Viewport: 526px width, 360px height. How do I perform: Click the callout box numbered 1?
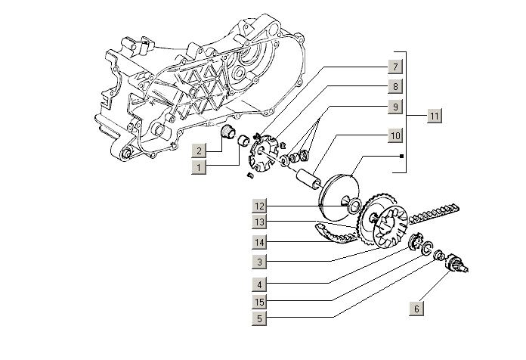tap(198, 166)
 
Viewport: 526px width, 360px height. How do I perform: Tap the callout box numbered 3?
tap(259, 262)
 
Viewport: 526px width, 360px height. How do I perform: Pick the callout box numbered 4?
tap(259, 284)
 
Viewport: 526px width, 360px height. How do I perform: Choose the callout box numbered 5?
tap(259, 318)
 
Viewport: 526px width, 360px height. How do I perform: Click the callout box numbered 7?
tap(394, 65)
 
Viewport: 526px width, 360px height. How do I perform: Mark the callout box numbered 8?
tap(394, 85)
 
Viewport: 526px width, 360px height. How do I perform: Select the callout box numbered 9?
tap(394, 107)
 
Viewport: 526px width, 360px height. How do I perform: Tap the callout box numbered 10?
tap(394, 135)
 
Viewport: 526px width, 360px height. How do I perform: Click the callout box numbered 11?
tap(434, 116)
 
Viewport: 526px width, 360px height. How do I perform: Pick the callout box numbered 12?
tap(259, 206)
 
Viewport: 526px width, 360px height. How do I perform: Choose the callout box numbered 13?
tap(259, 222)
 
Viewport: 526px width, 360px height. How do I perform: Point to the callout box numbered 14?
tap(259, 242)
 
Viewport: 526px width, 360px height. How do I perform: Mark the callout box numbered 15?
tap(259, 302)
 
